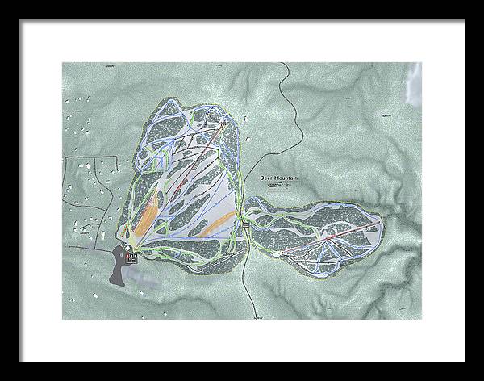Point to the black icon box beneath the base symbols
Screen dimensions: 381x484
click(131, 259)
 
